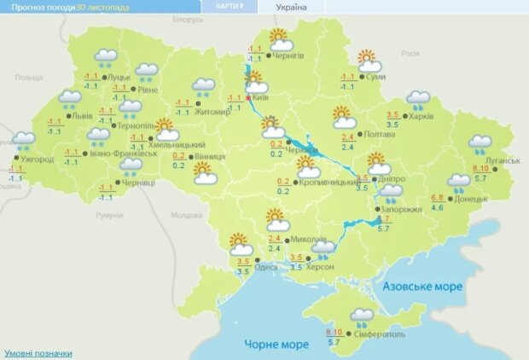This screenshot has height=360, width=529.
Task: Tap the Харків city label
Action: click(422, 116)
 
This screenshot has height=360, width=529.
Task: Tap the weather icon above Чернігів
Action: click(280, 39)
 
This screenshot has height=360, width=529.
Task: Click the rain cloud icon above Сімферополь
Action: click(362, 318)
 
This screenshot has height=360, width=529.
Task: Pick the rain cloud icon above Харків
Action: click(418, 101)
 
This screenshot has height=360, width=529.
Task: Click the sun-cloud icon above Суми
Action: click(368, 61)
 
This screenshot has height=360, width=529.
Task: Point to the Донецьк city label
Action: click(472, 199)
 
